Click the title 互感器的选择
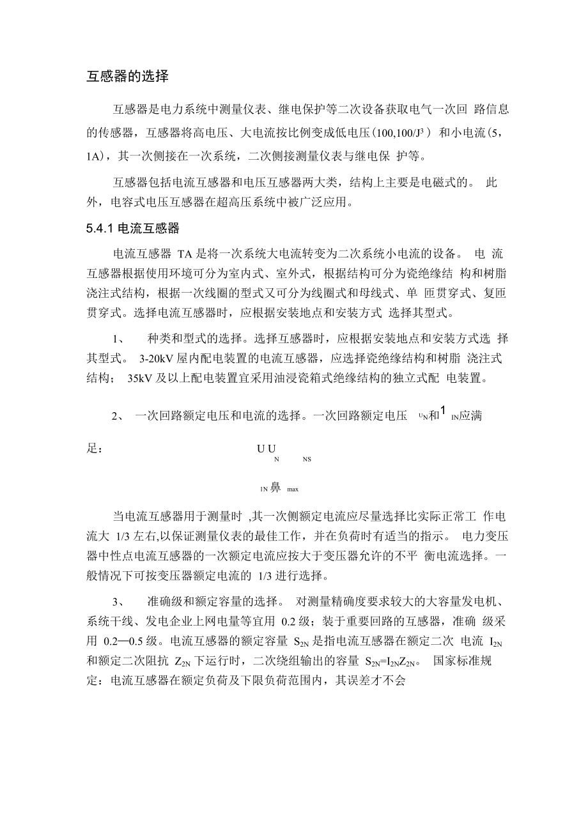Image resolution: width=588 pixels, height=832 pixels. (128, 77)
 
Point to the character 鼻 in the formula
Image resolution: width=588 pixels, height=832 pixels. (275, 488)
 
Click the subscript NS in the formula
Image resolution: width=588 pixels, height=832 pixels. (307, 459)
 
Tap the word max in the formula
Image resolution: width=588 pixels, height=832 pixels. (293, 490)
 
